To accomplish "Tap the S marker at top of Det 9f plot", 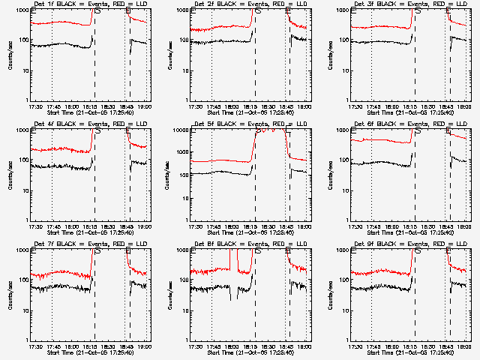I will (x=418, y=251).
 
